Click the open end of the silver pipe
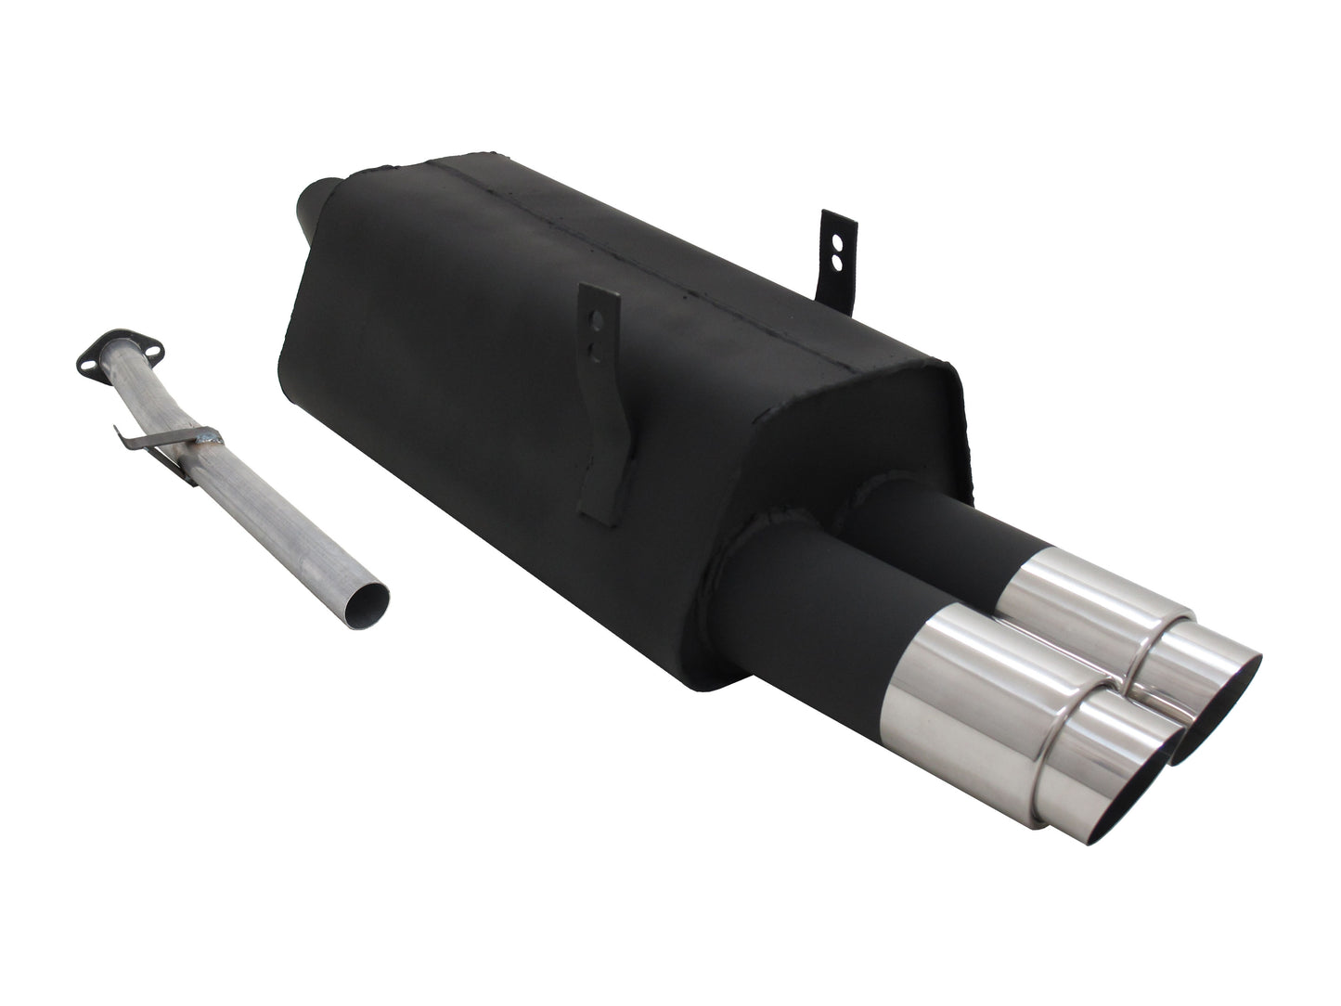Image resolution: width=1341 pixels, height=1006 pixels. (365, 605)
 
